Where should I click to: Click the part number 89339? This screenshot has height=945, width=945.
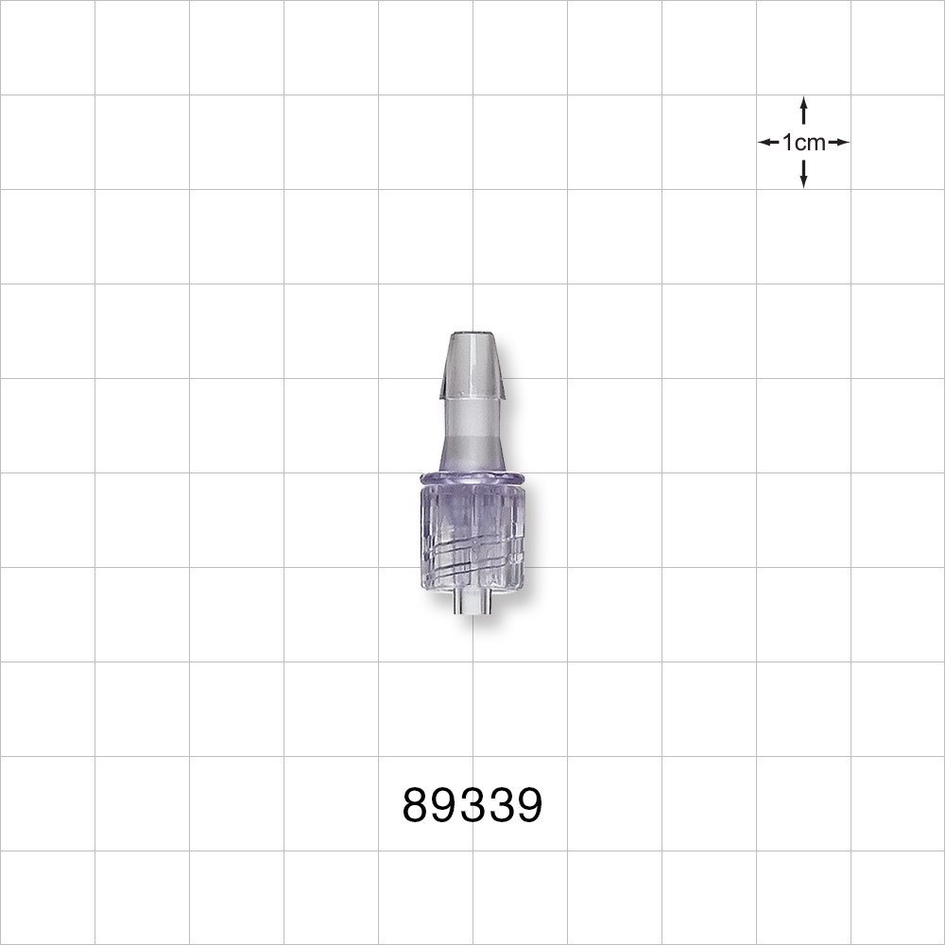472,806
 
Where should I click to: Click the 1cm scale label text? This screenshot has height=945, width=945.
803,143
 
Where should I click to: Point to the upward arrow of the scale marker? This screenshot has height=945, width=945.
803,108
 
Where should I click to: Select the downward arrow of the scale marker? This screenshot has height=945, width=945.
803,176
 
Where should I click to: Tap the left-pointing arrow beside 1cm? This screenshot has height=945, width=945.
767,143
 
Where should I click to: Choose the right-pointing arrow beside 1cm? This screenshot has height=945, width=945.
839,143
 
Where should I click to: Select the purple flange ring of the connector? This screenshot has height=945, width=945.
472,478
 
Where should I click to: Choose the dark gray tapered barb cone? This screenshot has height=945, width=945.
472,364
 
